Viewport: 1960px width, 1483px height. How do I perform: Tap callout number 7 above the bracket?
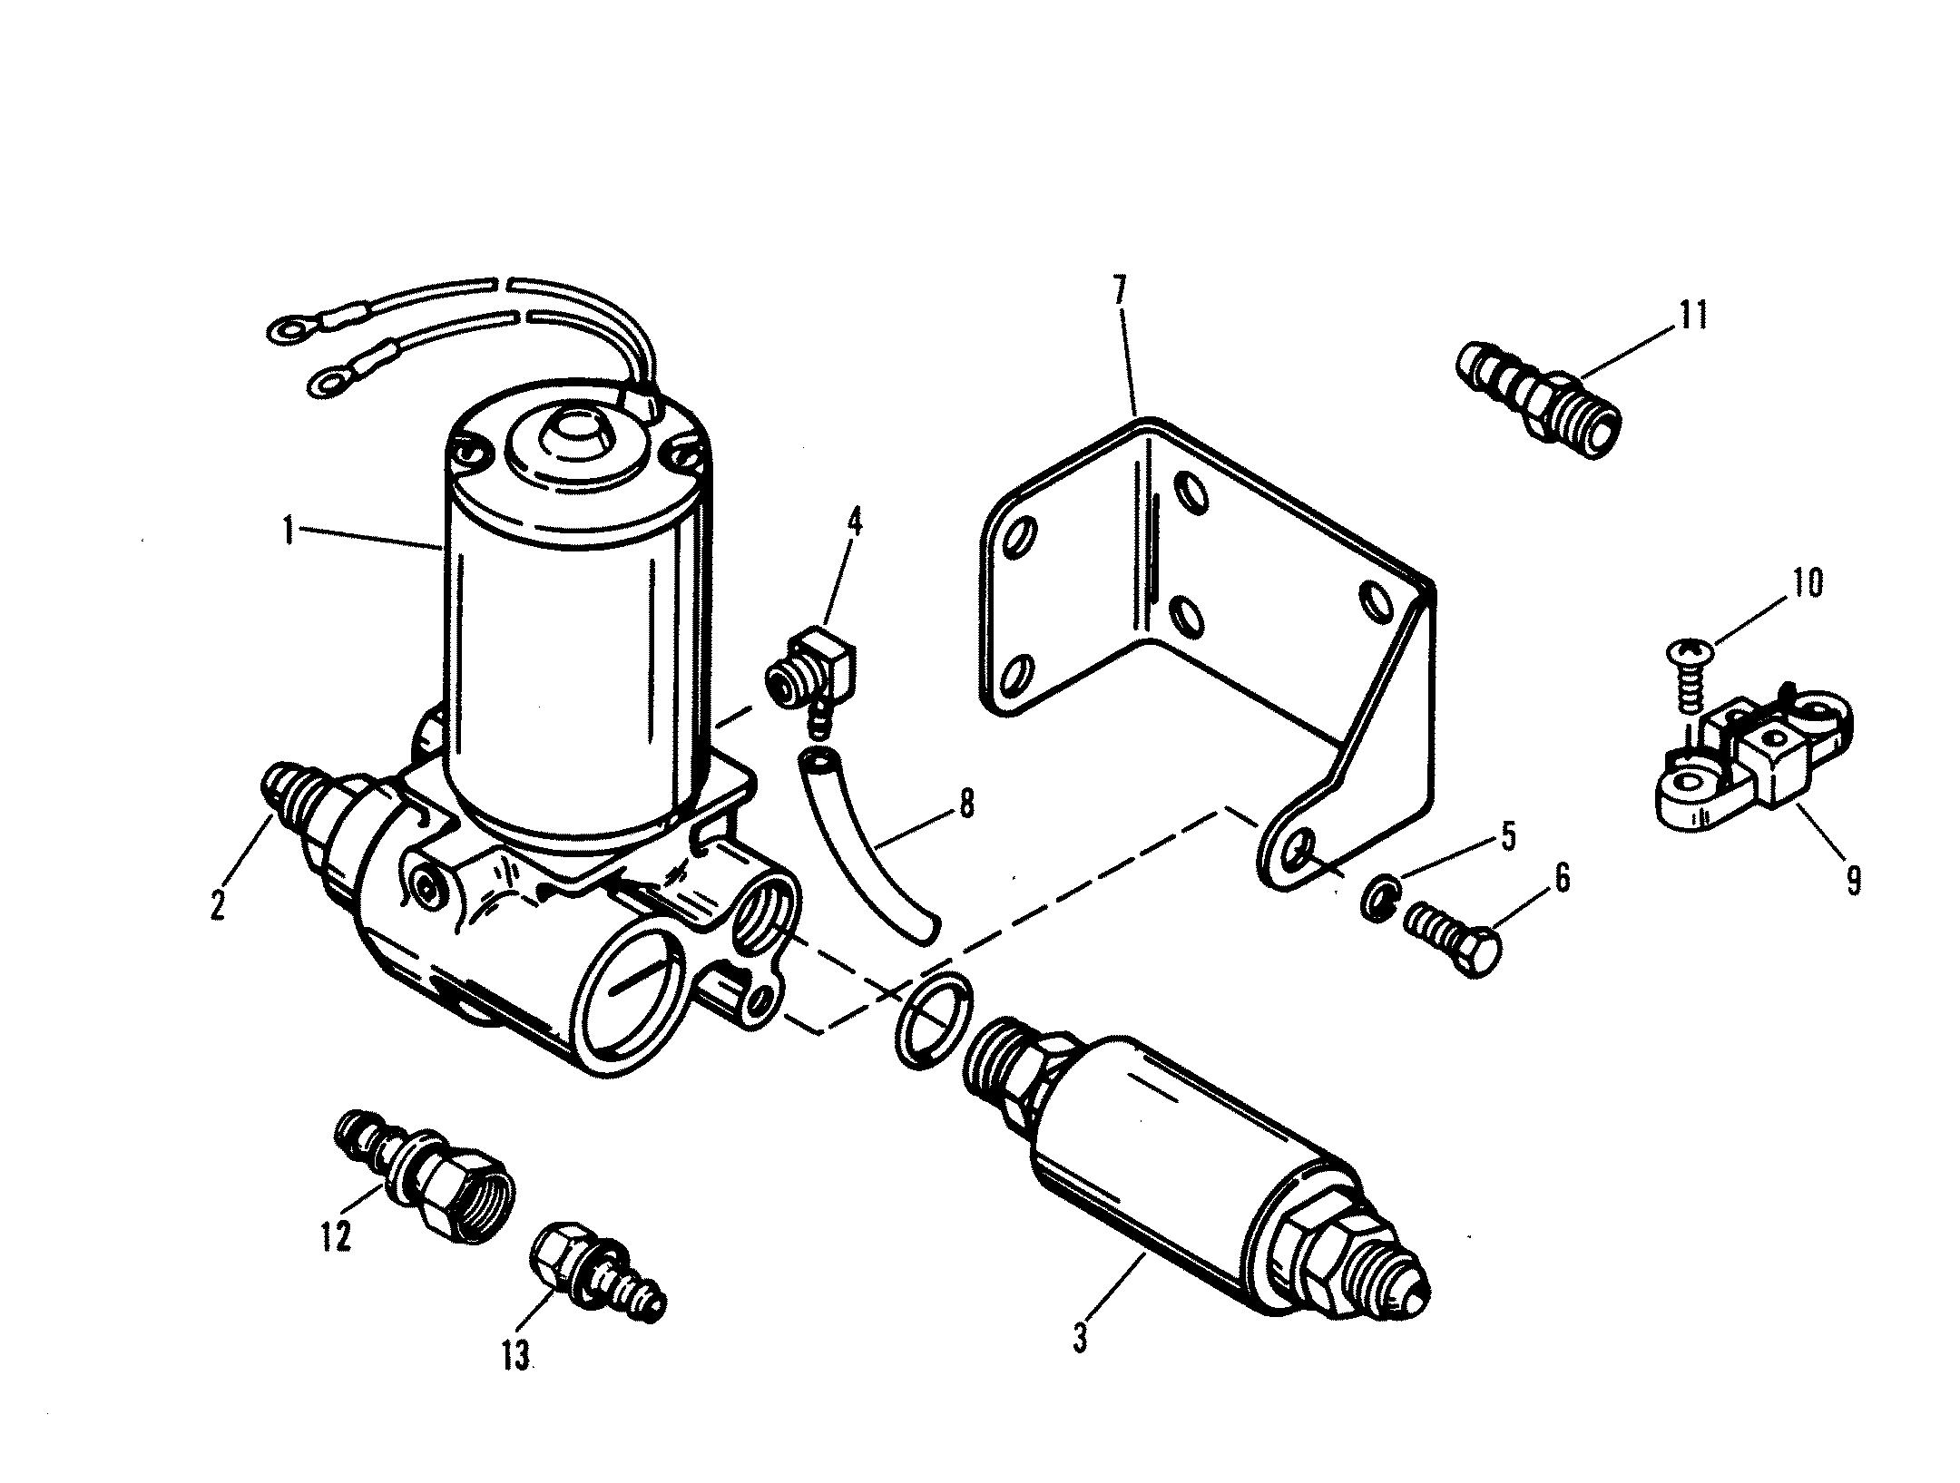pos(1119,292)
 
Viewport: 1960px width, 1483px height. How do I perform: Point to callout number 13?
pos(517,1358)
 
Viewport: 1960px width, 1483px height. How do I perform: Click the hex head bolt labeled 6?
pos(1452,948)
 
